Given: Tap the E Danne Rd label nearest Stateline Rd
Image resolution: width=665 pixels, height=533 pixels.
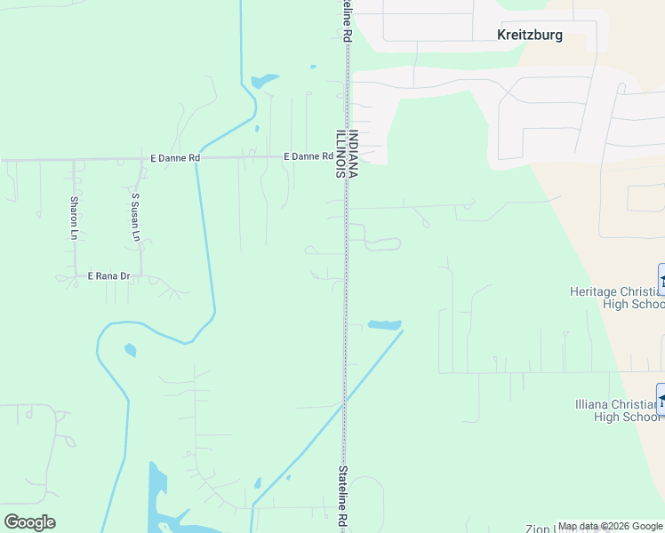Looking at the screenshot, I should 308,156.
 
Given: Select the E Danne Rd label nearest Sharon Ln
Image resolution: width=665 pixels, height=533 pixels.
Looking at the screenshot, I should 175,158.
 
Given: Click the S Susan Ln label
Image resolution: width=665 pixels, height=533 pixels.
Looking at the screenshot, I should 136,218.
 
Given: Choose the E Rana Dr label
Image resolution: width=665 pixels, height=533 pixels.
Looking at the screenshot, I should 108,276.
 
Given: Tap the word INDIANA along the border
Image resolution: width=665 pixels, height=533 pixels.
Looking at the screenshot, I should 353,155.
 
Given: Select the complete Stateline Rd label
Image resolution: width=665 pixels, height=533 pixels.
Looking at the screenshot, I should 341,497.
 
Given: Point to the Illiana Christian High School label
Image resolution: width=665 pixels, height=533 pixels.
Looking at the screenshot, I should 616,410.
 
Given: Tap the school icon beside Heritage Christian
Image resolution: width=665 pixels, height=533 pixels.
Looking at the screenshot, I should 661,280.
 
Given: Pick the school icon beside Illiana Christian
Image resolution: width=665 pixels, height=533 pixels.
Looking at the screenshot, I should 661,399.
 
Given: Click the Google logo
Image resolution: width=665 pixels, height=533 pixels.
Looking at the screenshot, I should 29,521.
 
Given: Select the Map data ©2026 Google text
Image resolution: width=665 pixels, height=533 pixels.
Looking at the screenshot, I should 610,527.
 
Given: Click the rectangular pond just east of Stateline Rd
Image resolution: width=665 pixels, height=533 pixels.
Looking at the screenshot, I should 384,325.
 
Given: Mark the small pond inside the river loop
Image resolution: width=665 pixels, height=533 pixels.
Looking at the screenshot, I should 131,350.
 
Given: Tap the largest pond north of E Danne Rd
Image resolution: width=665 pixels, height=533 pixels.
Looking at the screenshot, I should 264,82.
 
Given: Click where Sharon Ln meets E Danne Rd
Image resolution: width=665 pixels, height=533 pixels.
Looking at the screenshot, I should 74,161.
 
